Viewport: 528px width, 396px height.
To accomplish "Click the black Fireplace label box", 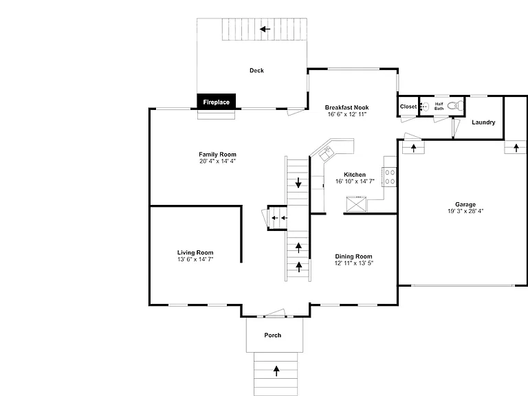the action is [x=216, y=101].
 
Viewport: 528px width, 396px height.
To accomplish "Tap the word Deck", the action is [x=256, y=70].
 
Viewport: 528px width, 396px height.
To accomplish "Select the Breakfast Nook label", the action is [x=346, y=107].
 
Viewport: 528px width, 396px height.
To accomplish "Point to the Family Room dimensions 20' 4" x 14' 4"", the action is [x=217, y=161].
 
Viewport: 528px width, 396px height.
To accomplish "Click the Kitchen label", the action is [x=355, y=175].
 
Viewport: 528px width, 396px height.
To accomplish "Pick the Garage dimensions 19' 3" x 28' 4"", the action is [x=465, y=211].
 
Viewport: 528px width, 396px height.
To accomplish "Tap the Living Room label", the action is [x=195, y=252].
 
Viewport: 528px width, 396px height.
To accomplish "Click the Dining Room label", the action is [x=353, y=256].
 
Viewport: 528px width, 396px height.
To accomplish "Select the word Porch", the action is [x=273, y=335].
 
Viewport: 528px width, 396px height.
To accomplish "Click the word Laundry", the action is [x=483, y=122].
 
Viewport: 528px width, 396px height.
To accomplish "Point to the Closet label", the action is [x=408, y=107].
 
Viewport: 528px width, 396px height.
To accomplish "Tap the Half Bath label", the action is [x=439, y=106].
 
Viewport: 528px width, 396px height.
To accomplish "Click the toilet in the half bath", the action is [x=455, y=106].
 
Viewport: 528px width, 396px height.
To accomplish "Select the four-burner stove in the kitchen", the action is [x=389, y=177].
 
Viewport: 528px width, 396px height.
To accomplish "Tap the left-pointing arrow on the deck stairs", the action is [x=265, y=29].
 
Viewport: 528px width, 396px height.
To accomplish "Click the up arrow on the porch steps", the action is [x=276, y=371].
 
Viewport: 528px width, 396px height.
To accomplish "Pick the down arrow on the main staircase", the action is [x=298, y=182].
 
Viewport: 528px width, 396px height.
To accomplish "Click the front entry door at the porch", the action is [x=275, y=313].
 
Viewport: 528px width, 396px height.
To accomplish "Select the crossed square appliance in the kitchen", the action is [x=356, y=204].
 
